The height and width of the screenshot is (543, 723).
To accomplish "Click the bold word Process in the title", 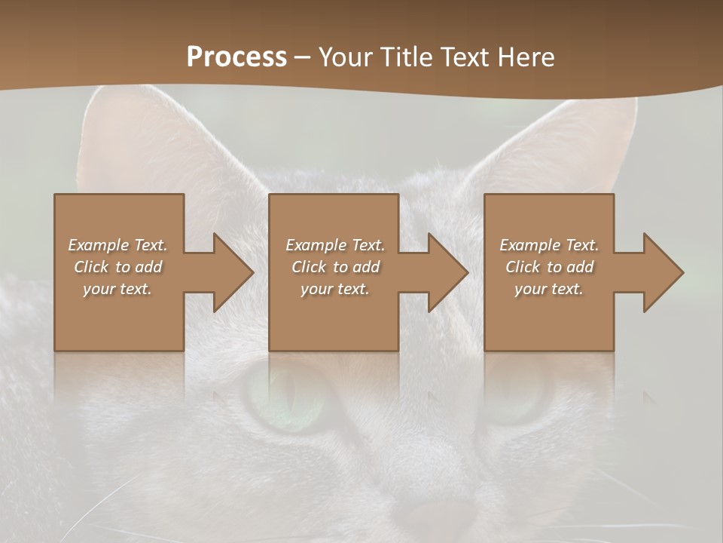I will (x=236, y=57).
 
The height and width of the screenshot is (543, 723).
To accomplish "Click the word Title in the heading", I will (x=406, y=57).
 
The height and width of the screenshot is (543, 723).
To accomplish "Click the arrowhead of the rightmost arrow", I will (x=662, y=273).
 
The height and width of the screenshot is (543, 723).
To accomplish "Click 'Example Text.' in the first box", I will (x=117, y=245).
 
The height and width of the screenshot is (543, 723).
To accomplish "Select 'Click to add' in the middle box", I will (x=335, y=267).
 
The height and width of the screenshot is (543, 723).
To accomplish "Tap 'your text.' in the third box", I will (x=548, y=289).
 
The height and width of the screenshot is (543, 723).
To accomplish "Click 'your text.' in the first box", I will (x=117, y=289).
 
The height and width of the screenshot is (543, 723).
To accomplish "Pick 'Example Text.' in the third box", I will (x=548, y=245).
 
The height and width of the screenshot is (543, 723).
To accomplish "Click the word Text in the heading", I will (x=463, y=57).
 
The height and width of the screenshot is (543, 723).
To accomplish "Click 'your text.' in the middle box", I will (x=335, y=289).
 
